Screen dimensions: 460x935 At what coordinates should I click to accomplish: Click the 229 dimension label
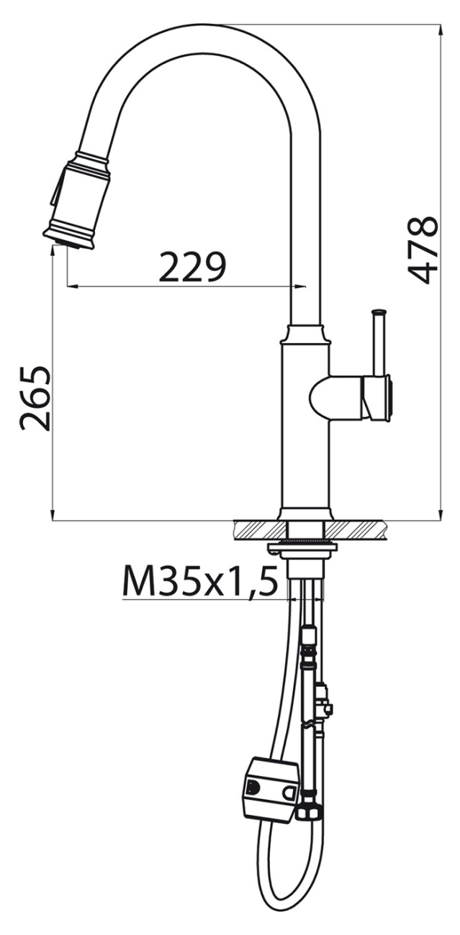point(193,266)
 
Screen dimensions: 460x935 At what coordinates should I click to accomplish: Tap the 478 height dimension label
point(423,250)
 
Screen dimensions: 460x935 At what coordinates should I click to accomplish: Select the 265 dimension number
point(35,398)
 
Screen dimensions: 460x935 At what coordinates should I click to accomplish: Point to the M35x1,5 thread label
point(200,581)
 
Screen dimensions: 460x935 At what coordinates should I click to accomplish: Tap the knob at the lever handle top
point(379,312)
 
